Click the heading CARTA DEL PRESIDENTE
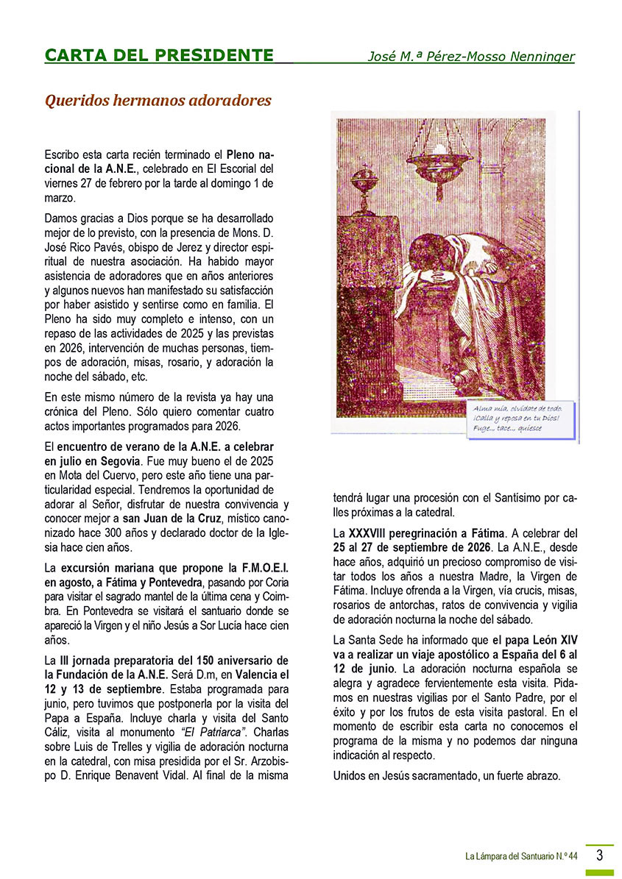[158, 55]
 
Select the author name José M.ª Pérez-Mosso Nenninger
[471, 57]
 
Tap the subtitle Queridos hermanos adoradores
[158, 100]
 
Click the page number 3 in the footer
[600, 855]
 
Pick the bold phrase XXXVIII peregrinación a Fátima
[427, 532]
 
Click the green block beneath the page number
[599, 872]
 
